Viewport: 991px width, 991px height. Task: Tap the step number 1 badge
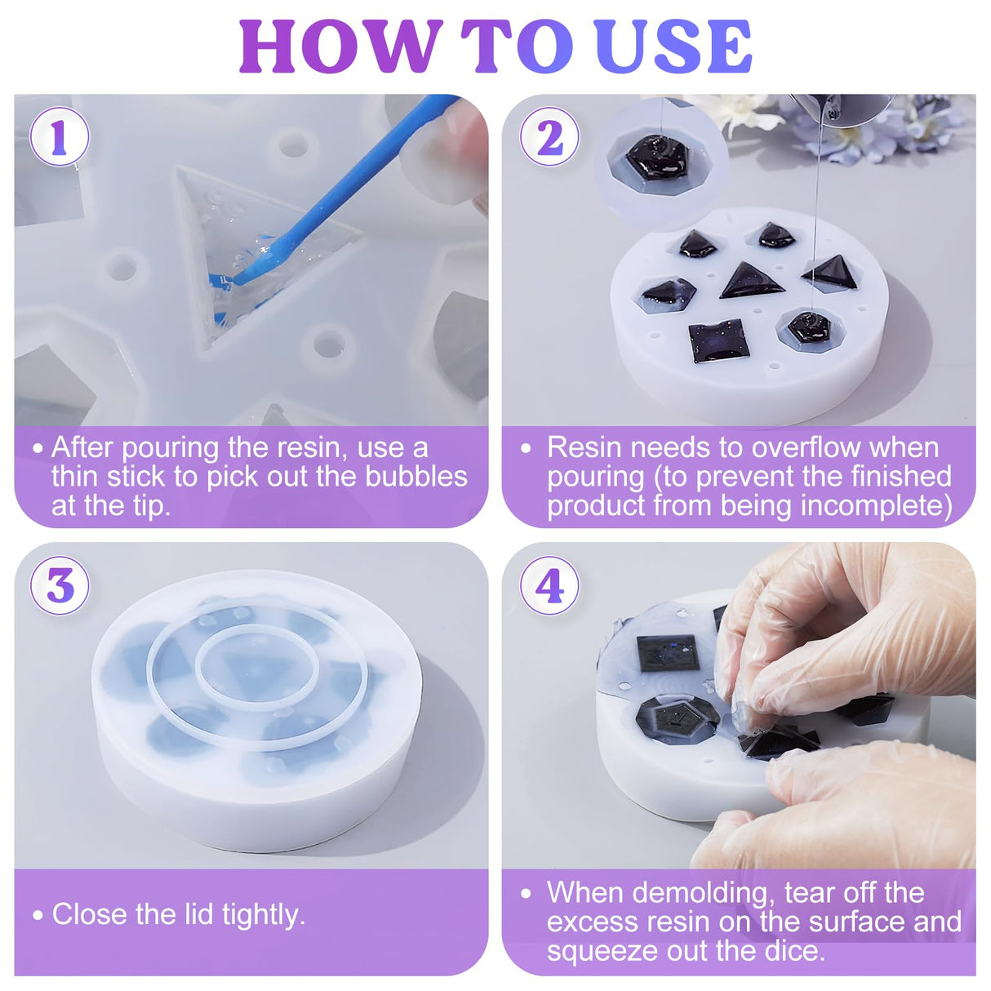pyautogui.click(x=59, y=138)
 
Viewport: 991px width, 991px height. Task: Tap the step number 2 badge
pyautogui.click(x=549, y=137)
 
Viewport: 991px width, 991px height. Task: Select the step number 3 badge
pyautogui.click(x=60, y=585)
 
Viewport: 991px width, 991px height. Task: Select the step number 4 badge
pyautogui.click(x=549, y=585)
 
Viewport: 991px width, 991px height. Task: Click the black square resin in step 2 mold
pyautogui.click(x=718, y=341)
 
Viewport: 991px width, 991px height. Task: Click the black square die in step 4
pyautogui.click(x=669, y=653)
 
